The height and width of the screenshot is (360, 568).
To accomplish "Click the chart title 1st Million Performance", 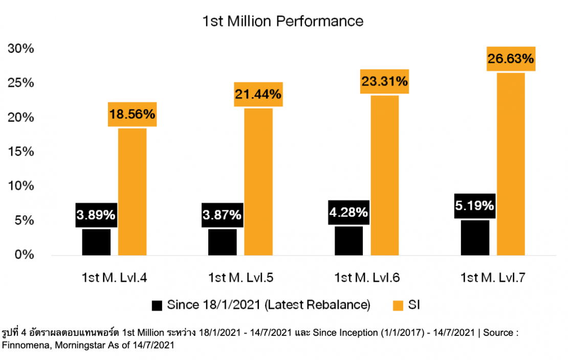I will tap(283, 21).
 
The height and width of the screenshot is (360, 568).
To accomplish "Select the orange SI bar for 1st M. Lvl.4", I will tap(132, 191).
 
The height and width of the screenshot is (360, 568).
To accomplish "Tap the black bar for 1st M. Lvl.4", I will tap(96, 242).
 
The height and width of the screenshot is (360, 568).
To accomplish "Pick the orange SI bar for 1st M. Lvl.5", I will tap(258, 182).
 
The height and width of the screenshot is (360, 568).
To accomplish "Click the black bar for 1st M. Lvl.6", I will tap(349, 240).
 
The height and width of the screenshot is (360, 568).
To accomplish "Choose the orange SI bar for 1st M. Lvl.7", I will tap(511, 164).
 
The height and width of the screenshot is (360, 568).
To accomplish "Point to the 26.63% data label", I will tap(511, 59).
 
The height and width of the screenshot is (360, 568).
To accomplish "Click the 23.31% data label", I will tap(384, 81).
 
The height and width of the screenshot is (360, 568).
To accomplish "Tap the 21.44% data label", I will tap(258, 94).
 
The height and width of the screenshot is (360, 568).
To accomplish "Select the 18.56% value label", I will tap(132, 114).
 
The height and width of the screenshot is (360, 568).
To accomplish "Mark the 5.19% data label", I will tap(474, 206).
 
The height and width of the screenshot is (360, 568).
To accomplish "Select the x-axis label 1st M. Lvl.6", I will tap(367, 278).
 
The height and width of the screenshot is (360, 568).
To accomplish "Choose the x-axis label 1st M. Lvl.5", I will tap(241, 278).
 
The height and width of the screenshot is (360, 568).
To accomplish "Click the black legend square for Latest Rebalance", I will tap(157, 306).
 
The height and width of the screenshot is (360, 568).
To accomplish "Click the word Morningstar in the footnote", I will tap(75, 345).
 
